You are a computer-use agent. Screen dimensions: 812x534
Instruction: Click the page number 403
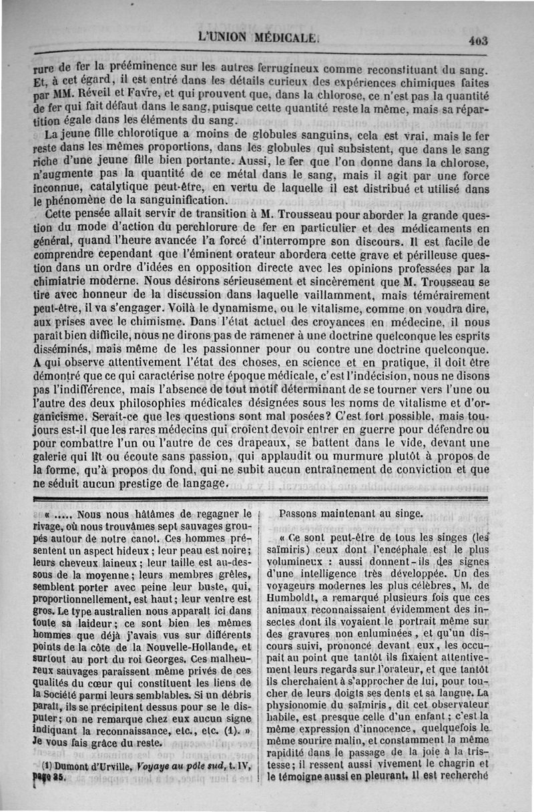click(478, 40)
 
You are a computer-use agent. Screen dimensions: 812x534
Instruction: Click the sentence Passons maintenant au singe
click(360, 514)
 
